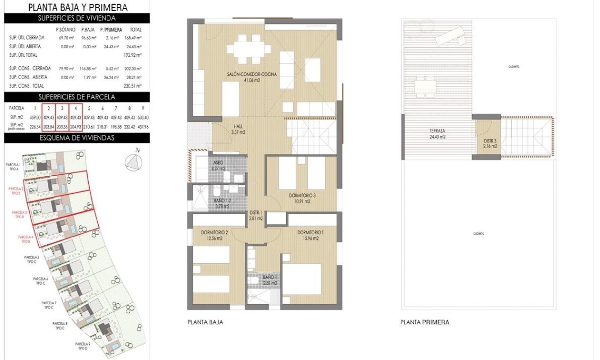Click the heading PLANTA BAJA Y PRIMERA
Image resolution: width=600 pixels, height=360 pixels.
[x=78, y=7]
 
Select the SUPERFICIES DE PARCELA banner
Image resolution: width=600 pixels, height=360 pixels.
[x=77, y=97]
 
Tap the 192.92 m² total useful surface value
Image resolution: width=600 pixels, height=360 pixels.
[x=135, y=55]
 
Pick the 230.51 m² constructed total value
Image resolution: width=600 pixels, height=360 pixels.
[x=135, y=85]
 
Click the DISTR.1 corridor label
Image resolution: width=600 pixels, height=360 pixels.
[x=256, y=215]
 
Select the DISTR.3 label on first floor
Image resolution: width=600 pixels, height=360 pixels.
[x=490, y=143]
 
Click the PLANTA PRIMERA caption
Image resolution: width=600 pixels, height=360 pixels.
[x=425, y=322]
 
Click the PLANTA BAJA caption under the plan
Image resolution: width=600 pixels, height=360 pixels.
[x=205, y=322]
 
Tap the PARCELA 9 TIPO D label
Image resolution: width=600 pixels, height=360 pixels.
[x=82, y=346]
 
